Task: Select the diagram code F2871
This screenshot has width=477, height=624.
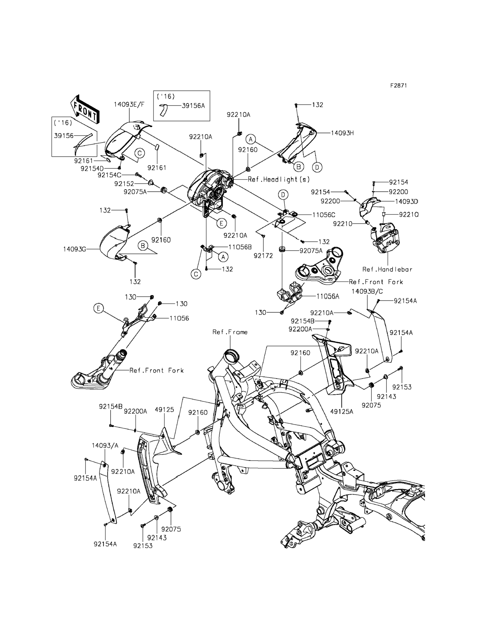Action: click(398, 85)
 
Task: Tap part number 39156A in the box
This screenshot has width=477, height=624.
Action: click(193, 106)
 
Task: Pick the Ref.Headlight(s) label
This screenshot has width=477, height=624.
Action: click(279, 179)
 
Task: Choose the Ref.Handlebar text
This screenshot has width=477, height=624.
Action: click(387, 269)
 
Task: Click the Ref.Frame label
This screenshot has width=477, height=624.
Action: click(230, 332)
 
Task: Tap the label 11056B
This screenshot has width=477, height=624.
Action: click(240, 247)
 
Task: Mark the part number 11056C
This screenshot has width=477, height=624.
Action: click(324, 215)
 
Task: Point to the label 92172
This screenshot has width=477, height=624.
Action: click(263, 256)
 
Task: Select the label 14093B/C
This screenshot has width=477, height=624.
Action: click(367, 292)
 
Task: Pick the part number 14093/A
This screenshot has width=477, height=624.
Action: click(105, 446)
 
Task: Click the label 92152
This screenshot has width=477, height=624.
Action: click(124, 184)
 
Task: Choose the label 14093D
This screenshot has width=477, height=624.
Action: click(406, 201)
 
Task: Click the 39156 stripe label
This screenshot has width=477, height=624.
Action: click(64, 136)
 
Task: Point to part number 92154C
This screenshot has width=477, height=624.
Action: click(109, 175)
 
